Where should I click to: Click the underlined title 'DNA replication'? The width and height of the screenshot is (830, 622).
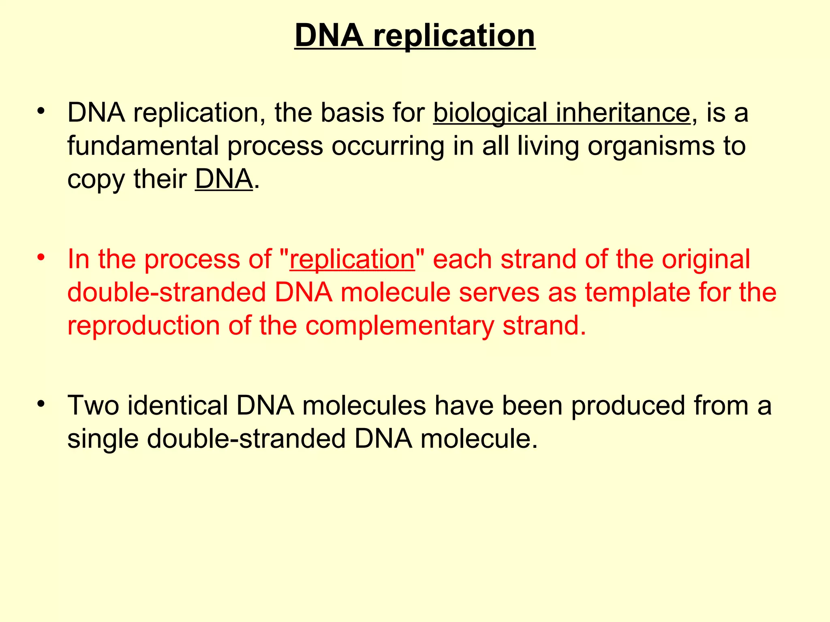click(415, 36)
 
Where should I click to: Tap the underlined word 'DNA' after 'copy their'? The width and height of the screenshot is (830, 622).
click(224, 179)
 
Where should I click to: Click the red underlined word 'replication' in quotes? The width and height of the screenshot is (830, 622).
click(352, 259)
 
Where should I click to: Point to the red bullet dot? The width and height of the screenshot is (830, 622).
click(40, 257)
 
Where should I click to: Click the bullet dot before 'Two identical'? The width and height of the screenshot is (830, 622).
click(40, 403)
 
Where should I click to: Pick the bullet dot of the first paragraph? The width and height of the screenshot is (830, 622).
click(40, 110)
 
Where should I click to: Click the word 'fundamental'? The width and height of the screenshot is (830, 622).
click(143, 146)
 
